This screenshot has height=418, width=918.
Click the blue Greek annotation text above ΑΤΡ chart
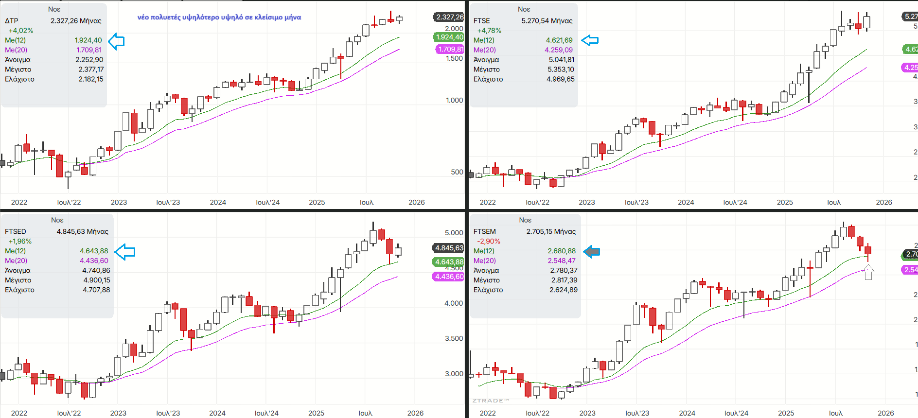[x=219, y=17]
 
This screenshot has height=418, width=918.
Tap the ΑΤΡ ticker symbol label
[x=12, y=21]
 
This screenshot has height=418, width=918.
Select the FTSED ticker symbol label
[x=16, y=231]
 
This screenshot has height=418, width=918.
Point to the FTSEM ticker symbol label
[x=485, y=231]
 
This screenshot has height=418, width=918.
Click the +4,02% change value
[x=21, y=31]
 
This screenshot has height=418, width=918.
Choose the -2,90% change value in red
[x=488, y=241]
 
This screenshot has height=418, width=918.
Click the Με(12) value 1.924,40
[x=88, y=40]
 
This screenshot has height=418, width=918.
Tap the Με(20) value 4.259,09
[x=559, y=50]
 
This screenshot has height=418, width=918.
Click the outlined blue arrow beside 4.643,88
[x=125, y=251]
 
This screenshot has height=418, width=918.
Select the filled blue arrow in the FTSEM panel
[x=591, y=251]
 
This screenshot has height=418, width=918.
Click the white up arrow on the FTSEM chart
[x=868, y=272]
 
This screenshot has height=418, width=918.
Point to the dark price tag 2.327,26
[x=449, y=17]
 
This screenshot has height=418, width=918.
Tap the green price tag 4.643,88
[x=449, y=262]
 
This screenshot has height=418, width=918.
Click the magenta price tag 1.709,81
[x=450, y=49]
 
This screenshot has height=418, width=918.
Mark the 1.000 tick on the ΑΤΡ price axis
[x=454, y=100]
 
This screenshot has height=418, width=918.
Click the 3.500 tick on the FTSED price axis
[x=454, y=338]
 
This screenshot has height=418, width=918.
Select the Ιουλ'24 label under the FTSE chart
[x=735, y=202]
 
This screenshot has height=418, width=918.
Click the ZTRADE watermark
[x=490, y=401]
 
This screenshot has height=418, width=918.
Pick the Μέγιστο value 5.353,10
[x=561, y=70]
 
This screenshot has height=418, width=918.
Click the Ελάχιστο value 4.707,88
[x=96, y=290]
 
